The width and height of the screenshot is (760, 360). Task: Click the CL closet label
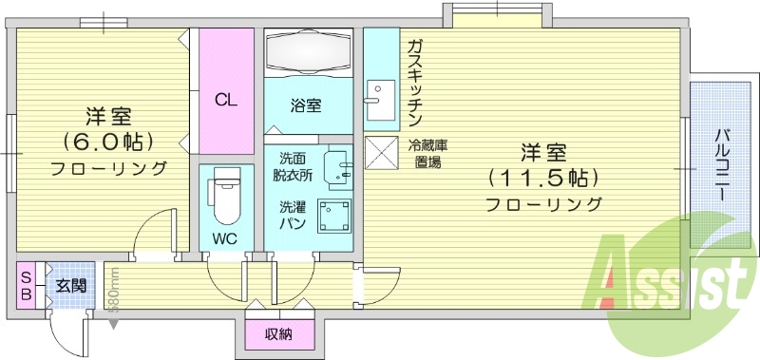click(x=225, y=99)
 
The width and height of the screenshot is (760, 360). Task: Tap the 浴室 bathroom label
click(x=306, y=105)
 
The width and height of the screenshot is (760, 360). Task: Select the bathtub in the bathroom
click(x=307, y=51)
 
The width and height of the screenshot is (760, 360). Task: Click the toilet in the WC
click(x=224, y=194)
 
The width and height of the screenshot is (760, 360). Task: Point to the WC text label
click(x=224, y=237)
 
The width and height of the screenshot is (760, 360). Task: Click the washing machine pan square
click(x=333, y=216)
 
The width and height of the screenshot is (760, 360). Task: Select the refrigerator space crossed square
click(x=381, y=152)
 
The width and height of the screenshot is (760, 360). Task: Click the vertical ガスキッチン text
click(x=415, y=83)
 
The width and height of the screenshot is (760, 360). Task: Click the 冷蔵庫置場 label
click(x=427, y=153)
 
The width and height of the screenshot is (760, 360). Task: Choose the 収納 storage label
click(x=277, y=333)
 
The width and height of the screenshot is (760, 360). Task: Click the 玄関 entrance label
click(x=70, y=286)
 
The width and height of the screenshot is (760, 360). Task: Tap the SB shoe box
click(x=26, y=285)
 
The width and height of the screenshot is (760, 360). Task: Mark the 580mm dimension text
click(x=113, y=291)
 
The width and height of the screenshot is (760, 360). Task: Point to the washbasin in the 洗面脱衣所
click(x=338, y=166)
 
